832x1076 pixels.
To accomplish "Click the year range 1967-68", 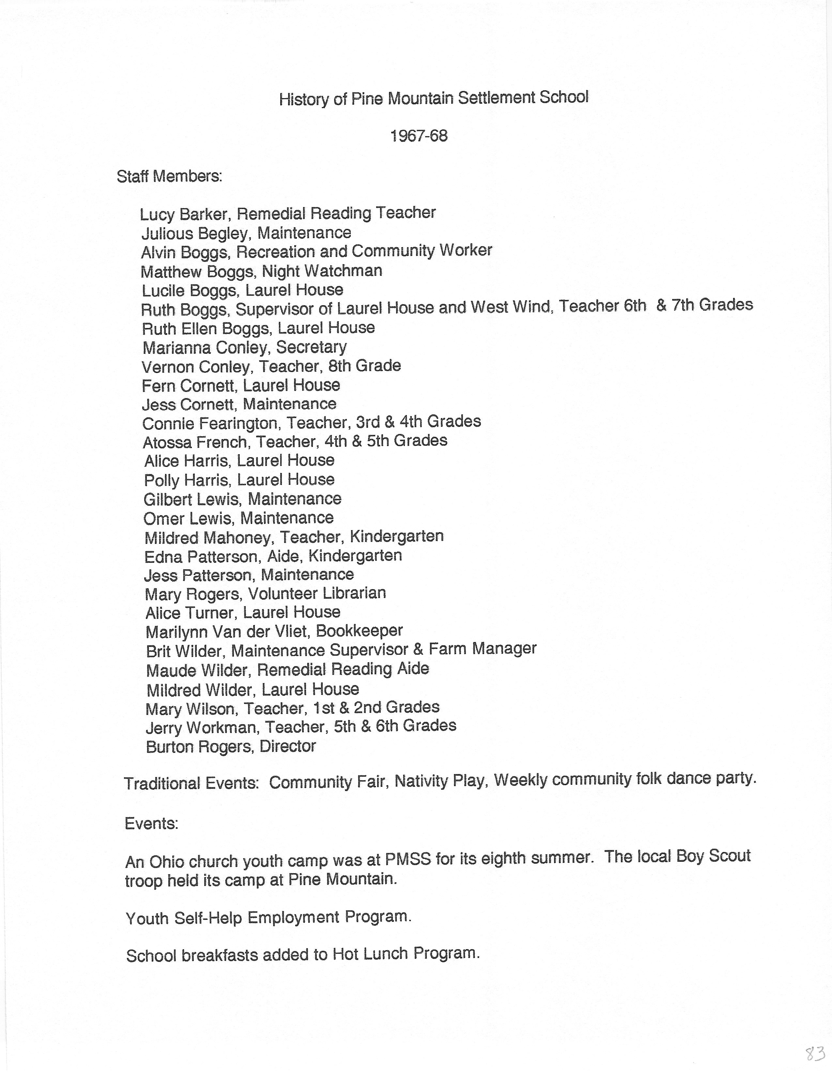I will point(419,136).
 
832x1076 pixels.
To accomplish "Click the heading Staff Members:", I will point(169,176).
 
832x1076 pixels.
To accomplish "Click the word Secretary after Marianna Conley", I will point(311,347).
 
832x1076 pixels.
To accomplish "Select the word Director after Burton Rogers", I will point(287,746).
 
